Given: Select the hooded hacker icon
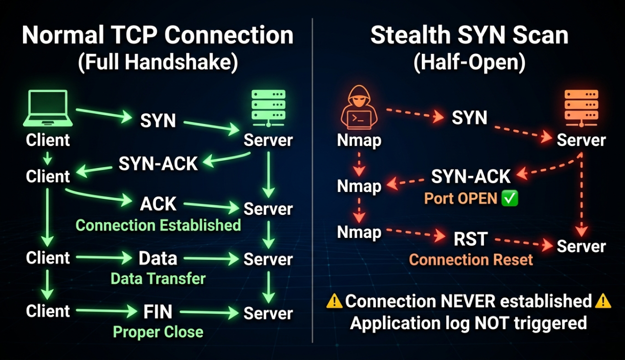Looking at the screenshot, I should tap(359, 110).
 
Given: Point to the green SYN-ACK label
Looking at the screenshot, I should tap(158, 164).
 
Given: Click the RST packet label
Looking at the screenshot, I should tap(470, 239).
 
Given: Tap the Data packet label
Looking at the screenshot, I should tap(158, 258).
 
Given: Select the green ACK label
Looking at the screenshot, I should tap(158, 204).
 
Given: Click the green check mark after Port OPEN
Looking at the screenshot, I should tap(510, 199).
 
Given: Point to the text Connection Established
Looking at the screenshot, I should tap(158, 225).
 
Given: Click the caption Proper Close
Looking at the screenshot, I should tap(158, 332).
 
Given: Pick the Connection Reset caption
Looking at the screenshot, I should tap(471, 259).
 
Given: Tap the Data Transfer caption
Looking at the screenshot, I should tap(158, 279).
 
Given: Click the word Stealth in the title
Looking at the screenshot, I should tap(411, 36).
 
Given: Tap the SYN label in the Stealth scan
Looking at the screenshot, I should tap(469, 118).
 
